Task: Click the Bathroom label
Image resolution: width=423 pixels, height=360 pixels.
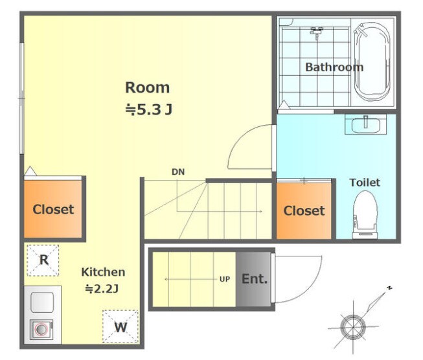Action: [x=334, y=67]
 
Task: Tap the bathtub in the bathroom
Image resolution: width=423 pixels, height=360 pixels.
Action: [x=372, y=62]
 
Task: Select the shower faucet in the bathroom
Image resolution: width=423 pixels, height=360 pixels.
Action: [x=317, y=32]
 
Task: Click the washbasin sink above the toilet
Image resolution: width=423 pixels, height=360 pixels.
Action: [x=366, y=124]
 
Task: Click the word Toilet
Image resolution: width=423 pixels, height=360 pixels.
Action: [x=365, y=183]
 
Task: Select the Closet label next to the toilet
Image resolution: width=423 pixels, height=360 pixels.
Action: [x=304, y=210]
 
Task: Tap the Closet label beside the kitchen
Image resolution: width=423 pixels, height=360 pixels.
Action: [x=53, y=209]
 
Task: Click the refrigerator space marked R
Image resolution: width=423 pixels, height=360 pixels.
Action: [x=43, y=260]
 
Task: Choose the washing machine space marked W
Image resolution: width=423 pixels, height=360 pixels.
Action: [x=120, y=327]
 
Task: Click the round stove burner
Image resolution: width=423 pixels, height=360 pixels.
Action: [x=41, y=330]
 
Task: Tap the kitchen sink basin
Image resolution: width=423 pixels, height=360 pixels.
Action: [x=42, y=302]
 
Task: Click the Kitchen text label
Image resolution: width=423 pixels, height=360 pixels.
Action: [x=103, y=272]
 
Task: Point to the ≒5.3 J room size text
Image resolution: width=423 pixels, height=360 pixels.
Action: [x=148, y=109]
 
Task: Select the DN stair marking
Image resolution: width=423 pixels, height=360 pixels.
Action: [x=178, y=172]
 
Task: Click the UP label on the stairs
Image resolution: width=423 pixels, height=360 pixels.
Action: [x=224, y=279]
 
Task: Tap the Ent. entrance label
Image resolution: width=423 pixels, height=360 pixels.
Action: [x=255, y=279]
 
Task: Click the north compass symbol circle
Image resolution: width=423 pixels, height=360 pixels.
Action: [x=353, y=327]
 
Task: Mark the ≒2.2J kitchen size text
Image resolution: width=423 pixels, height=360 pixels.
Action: [x=102, y=289]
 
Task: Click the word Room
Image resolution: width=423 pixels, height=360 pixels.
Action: [x=148, y=87]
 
